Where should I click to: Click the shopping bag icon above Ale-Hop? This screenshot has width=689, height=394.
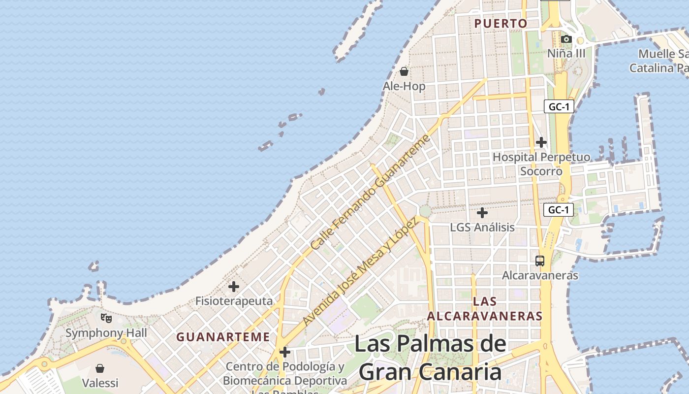point(404,71)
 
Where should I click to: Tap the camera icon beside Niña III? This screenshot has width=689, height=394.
point(566,39)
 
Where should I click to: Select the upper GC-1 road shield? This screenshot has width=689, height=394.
point(559,106)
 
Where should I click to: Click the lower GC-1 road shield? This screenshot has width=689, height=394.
point(559,210)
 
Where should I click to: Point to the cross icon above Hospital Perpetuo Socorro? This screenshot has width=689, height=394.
point(541,142)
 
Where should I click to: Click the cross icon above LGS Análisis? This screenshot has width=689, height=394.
point(482,213)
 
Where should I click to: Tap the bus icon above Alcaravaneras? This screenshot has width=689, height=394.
point(540,261)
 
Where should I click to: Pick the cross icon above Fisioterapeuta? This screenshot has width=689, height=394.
point(234,286)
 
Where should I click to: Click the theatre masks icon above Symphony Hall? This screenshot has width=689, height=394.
point(106,318)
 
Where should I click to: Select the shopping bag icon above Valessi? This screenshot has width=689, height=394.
point(100,368)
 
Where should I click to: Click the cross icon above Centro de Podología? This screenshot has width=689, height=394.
point(284,352)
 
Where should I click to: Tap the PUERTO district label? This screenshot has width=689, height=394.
point(501,23)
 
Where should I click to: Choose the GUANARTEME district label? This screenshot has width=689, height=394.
point(223,337)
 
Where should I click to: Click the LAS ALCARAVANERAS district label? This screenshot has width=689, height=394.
point(485,309)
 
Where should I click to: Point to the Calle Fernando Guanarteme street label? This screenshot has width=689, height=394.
point(371,192)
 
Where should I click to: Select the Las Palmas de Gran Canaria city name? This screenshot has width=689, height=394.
point(430,358)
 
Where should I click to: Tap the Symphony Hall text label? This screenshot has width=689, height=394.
point(106,333)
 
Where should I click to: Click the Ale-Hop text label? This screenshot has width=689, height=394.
point(404,86)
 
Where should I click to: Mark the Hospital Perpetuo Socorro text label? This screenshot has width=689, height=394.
point(541,164)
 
